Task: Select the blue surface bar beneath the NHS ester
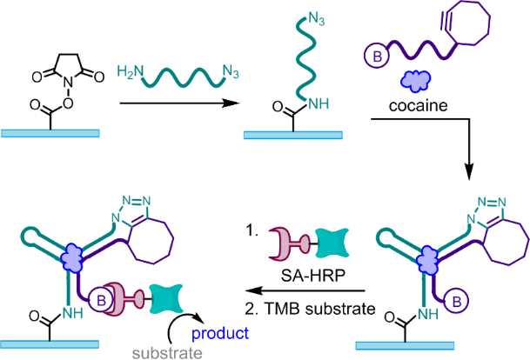(x=51, y=133)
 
